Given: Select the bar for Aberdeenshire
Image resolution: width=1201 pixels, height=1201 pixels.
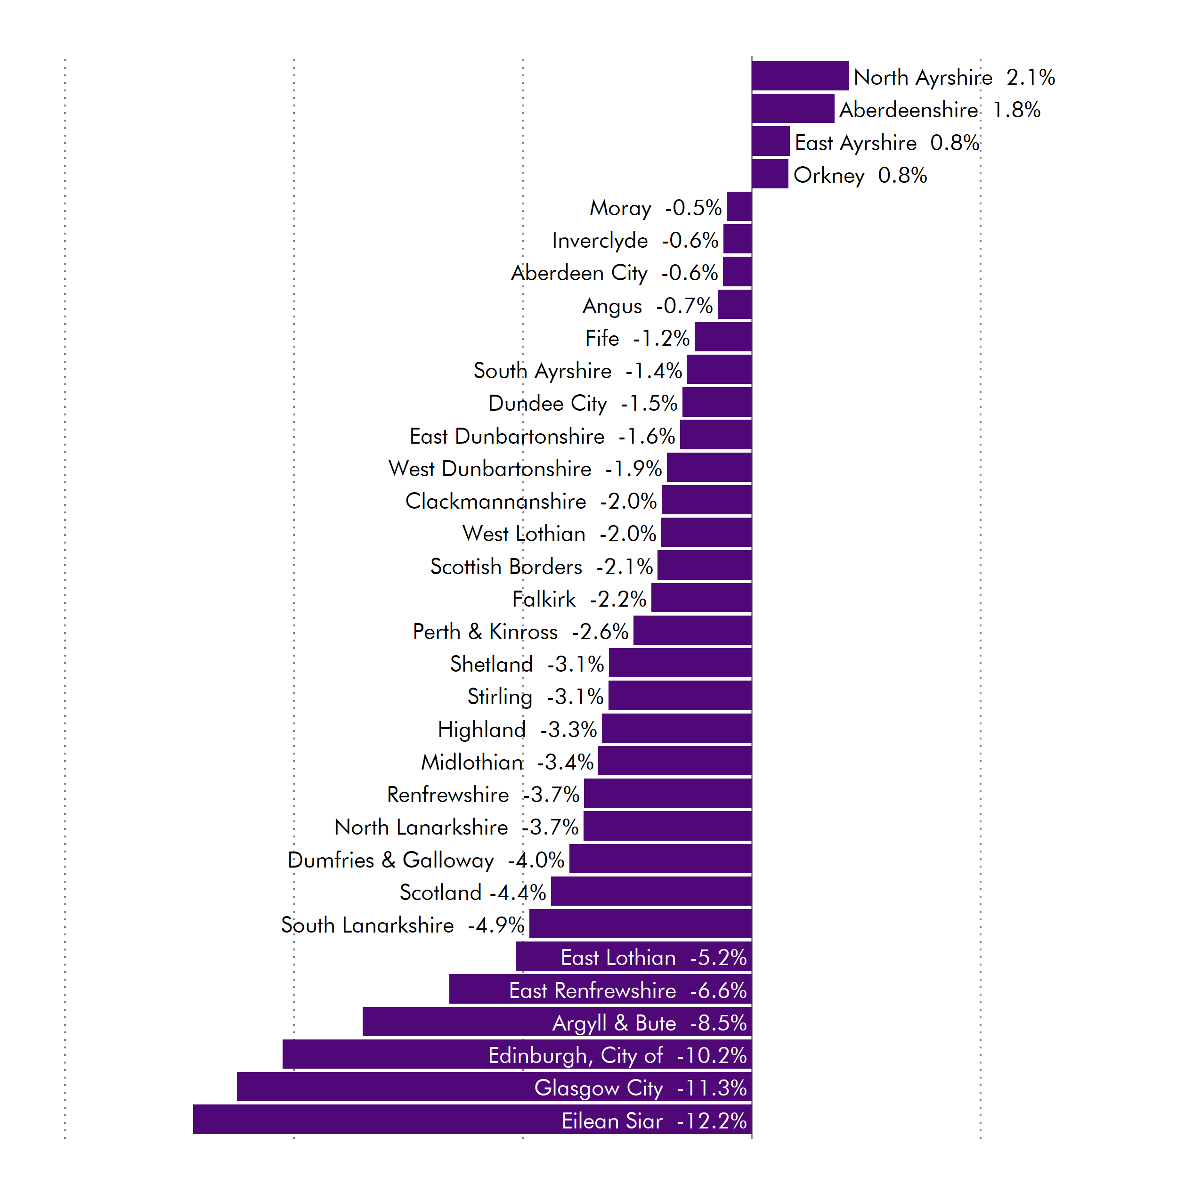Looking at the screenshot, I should tap(793, 109).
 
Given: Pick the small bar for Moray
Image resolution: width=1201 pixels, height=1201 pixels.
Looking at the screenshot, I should tap(739, 206).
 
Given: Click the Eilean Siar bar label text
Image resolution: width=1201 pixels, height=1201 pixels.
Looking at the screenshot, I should tap(612, 1121).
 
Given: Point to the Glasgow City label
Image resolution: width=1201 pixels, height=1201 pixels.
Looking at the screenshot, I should tap(599, 1088).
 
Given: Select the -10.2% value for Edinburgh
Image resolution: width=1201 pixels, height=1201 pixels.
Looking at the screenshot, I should tap(711, 1055).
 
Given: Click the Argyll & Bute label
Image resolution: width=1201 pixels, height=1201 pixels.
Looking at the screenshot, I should tap(614, 1022).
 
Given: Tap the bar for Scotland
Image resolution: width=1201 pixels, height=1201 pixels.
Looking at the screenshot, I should tap(651, 891).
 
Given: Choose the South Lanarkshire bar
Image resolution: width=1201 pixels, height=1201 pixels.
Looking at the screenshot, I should tap(640, 924).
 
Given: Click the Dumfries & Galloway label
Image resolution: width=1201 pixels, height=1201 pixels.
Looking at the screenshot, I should tap(390, 860).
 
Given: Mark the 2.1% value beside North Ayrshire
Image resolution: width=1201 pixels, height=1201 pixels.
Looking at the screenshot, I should tap(1030, 77).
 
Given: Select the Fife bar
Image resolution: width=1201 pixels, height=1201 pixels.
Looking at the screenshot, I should tap(723, 337).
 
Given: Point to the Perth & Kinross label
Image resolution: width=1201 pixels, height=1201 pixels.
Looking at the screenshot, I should tap(485, 632).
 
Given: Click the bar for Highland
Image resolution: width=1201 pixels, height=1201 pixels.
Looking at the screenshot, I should tap(676, 728).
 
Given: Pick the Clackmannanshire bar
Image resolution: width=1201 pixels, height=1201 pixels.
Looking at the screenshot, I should tap(706, 500).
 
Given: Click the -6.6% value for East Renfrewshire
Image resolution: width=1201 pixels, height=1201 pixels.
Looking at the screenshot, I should tap(718, 990).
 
